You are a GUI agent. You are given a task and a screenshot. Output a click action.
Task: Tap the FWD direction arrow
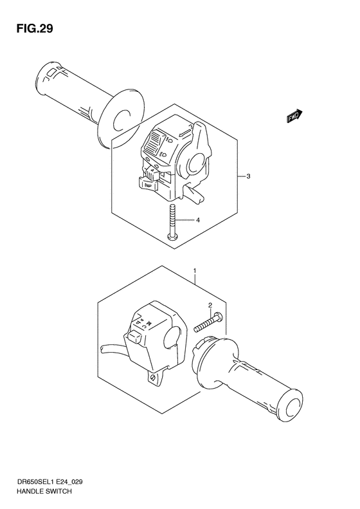[294, 116]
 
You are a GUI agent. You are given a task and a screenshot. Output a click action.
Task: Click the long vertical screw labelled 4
[172, 223]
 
